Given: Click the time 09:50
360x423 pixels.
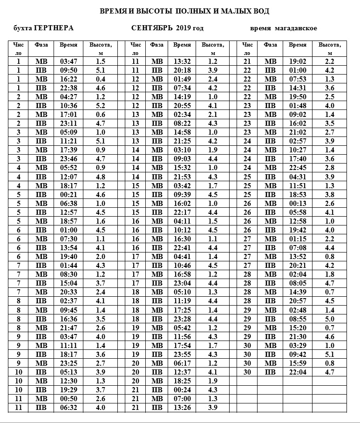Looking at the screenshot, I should (x=68, y=70).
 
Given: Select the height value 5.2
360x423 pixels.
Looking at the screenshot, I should (x=101, y=106).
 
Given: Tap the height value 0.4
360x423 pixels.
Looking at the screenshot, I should (x=101, y=79).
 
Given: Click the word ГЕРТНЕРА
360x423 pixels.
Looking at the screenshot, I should (x=54, y=28).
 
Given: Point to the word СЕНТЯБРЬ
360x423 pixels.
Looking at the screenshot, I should (x=153, y=28).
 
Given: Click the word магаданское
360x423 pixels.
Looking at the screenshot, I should (x=296, y=28).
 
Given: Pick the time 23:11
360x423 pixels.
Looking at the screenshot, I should (x=68, y=123).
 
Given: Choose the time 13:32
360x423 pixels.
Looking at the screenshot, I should (x=182, y=61).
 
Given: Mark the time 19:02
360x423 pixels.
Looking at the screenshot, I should (x=298, y=61).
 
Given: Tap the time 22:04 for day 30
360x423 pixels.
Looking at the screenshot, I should (x=298, y=372).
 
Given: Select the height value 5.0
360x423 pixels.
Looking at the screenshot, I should (x=330, y=319).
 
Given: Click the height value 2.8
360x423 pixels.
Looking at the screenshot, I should (x=330, y=168).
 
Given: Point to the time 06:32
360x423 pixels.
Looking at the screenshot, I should (x=68, y=408).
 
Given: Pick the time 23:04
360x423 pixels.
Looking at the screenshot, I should (x=182, y=283).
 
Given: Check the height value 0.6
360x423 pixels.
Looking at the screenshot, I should (x=101, y=115).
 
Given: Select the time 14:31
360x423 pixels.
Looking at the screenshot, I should (x=298, y=88).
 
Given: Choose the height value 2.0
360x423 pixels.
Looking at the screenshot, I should (x=101, y=256).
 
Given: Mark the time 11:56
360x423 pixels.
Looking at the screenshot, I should (x=182, y=336).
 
